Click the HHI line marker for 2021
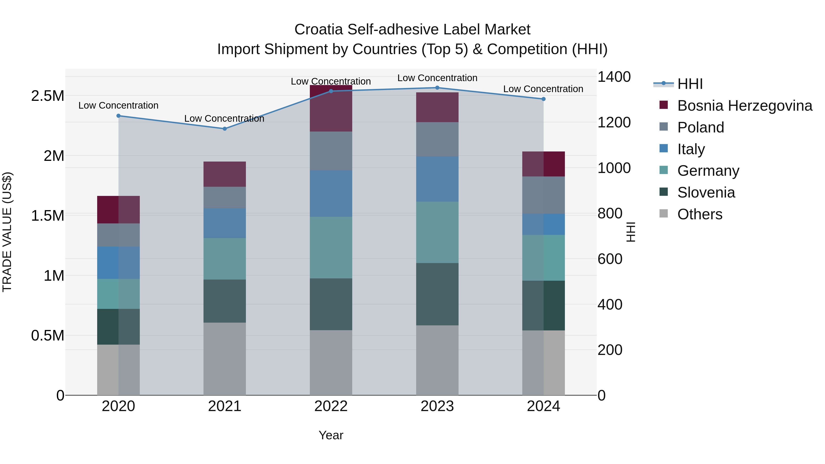pyautogui.click(x=225, y=129)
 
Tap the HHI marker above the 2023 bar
pyautogui.click(x=437, y=88)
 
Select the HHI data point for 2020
pyautogui.click(x=118, y=116)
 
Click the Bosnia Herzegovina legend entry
pyautogui.click(x=745, y=106)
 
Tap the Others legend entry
pyautogui.click(x=700, y=214)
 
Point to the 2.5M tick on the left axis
pyautogui.click(x=48, y=96)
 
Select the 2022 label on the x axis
pyautogui.click(x=331, y=406)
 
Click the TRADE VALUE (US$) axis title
pyautogui.click(x=7, y=232)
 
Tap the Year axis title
pyautogui.click(x=331, y=435)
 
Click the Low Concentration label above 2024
pyautogui.click(x=543, y=89)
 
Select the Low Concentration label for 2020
pyautogui.click(x=118, y=105)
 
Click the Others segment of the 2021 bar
pyautogui.click(x=225, y=359)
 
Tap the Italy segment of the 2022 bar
pyautogui.click(x=331, y=193)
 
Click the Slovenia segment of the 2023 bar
pyautogui.click(x=437, y=294)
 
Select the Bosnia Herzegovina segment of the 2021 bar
pyautogui.click(x=225, y=174)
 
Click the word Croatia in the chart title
pyautogui.click(x=319, y=30)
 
